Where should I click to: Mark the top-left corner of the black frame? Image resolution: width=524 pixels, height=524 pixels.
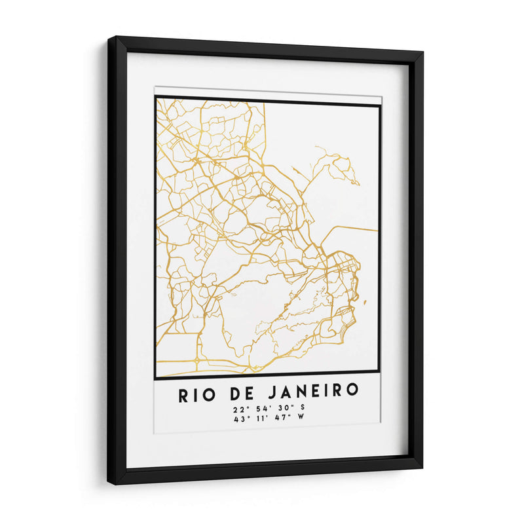coord(109,38)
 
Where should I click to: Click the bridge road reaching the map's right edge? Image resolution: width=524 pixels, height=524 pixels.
coord(357,228)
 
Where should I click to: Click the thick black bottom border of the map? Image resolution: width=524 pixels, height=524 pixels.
coord(267,378)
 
